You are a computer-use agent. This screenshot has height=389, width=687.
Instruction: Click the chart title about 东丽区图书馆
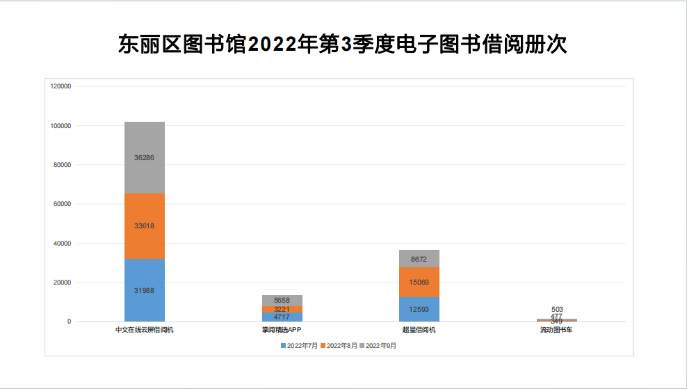click(x=343, y=45)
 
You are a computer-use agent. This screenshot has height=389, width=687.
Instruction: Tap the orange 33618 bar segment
click(x=145, y=225)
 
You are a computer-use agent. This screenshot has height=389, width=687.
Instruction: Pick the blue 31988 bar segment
click(x=145, y=290)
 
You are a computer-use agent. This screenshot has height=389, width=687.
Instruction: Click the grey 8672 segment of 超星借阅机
click(x=419, y=258)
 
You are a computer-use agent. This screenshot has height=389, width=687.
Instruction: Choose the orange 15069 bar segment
click(x=419, y=282)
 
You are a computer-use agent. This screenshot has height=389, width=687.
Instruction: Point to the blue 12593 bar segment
click(x=419, y=309)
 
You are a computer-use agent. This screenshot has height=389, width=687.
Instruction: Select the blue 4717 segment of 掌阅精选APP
click(x=282, y=317)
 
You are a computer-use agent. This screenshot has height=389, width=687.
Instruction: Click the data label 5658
click(x=282, y=300)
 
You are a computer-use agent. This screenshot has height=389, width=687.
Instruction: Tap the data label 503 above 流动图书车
click(x=556, y=309)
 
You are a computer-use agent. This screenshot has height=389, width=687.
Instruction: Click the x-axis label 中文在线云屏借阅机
click(x=145, y=330)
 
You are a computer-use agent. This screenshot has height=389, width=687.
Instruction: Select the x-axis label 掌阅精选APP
click(x=282, y=330)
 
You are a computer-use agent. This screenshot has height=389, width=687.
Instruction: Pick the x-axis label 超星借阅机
click(x=419, y=330)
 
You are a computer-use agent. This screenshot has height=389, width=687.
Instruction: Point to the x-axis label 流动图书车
click(x=556, y=330)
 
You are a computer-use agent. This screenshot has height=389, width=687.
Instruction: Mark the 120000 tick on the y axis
click(x=61, y=86)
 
